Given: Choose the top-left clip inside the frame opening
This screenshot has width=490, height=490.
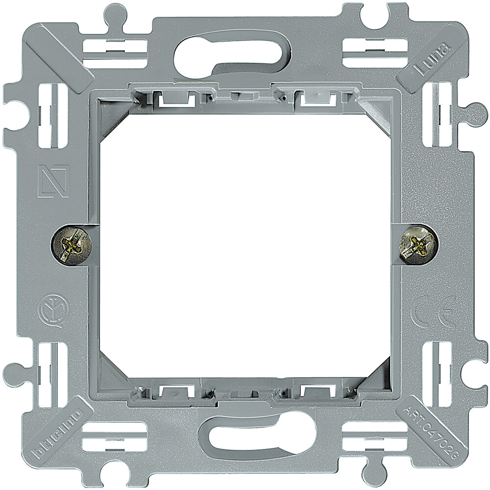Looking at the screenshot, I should click(175, 99).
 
